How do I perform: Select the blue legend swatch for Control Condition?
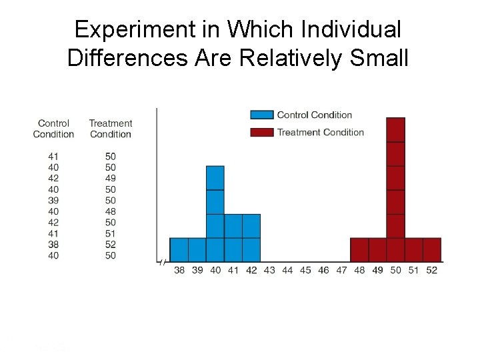(x=262, y=115)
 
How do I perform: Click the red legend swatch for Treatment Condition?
(x=262, y=132)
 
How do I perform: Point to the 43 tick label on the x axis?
(x=269, y=270)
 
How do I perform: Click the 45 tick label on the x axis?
(x=305, y=270)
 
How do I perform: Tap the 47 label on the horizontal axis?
(x=341, y=270)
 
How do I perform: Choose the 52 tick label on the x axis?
(x=431, y=270)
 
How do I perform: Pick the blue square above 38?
(x=179, y=249)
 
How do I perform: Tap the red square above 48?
(x=359, y=249)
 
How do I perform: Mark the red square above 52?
(x=431, y=249)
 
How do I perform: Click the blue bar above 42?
(x=251, y=237)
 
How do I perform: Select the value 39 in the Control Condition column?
(x=53, y=200)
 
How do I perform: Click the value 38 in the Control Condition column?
(x=53, y=244)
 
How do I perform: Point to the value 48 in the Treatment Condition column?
(x=111, y=211)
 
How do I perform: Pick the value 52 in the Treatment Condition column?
(x=111, y=244)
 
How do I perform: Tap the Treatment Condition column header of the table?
(x=111, y=129)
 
